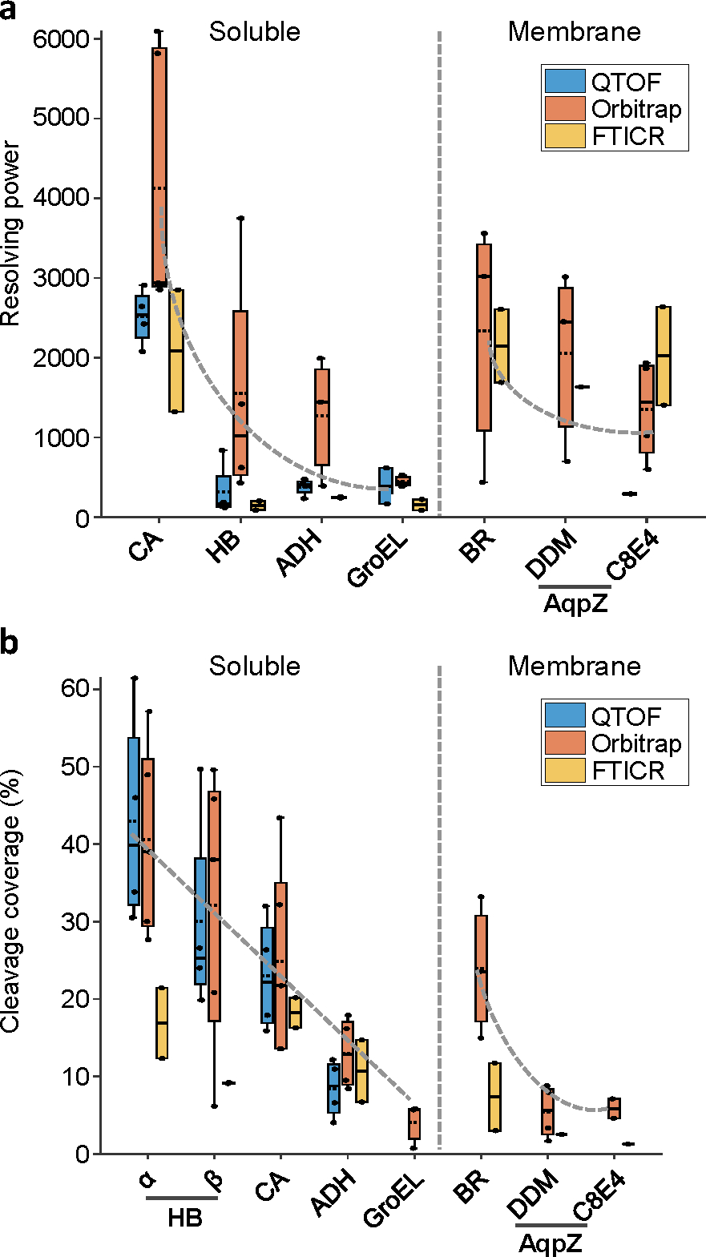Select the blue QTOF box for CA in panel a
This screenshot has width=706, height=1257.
click(x=142, y=316)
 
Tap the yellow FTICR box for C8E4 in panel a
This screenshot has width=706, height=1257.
click(x=664, y=356)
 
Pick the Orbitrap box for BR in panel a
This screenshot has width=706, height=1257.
click(x=484, y=337)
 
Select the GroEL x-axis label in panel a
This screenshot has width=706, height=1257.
click(x=378, y=558)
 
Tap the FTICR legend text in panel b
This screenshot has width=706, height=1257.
click(x=628, y=771)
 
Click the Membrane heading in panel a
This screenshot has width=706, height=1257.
click(x=575, y=32)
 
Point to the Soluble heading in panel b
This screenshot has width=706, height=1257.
click(x=255, y=667)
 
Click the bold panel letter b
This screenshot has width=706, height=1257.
click(x=10, y=643)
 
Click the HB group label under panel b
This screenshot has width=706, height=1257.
click(x=184, y=1219)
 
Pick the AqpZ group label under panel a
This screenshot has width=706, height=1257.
click(x=575, y=603)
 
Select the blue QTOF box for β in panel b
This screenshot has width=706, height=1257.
click(x=200, y=921)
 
